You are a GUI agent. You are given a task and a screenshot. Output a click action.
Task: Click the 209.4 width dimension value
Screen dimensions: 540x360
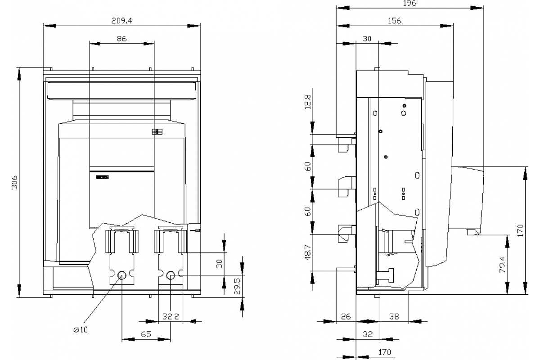(x=122, y=21)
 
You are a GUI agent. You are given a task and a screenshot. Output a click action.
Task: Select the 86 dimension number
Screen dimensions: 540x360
(x=122, y=39)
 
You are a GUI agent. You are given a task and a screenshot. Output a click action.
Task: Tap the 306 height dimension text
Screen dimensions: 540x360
(x=15, y=183)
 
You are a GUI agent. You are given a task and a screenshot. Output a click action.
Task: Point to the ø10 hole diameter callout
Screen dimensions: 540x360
(x=81, y=329)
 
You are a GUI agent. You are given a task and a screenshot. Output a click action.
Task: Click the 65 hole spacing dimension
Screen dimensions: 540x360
(x=146, y=334)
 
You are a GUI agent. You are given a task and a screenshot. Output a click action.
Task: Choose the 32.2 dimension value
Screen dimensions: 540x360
(x=171, y=316)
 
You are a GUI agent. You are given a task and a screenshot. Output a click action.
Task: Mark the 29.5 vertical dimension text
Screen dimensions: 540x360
(x=238, y=287)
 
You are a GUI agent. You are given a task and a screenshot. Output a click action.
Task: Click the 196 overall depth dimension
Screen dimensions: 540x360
(x=409, y=3)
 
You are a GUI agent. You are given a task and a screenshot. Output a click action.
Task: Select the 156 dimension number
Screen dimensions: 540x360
(x=394, y=21)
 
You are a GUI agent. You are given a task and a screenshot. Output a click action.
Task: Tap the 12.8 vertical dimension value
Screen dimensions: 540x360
(x=308, y=102)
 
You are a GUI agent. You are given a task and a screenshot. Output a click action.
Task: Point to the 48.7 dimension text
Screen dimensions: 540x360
(x=308, y=252)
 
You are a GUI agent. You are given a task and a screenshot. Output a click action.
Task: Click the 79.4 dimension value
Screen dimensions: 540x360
(x=502, y=265)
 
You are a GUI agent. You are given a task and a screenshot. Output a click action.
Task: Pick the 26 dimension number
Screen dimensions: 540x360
(x=346, y=316)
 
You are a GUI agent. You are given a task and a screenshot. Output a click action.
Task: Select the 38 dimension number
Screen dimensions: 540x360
(x=394, y=316)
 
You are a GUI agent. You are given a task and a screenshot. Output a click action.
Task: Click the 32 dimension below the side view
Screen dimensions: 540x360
(x=368, y=334)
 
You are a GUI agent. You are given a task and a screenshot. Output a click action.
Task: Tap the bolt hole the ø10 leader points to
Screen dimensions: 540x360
(x=122, y=275)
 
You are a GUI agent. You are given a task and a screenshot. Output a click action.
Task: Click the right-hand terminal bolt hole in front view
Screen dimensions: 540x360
(x=171, y=275)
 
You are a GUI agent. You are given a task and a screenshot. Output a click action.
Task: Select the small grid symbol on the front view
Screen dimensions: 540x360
(x=157, y=132)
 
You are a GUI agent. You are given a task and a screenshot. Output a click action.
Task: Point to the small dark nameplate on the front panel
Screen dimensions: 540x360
(x=103, y=177)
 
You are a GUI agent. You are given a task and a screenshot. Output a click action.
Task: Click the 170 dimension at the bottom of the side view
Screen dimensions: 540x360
(x=384, y=352)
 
